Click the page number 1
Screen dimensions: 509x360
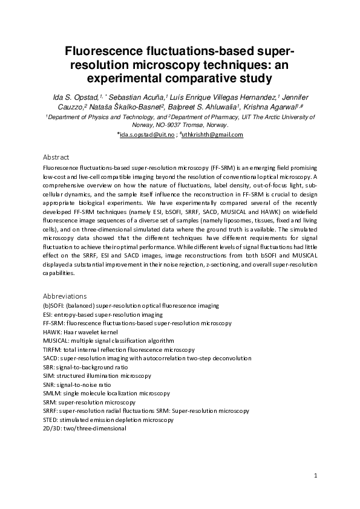[x=315, y=476]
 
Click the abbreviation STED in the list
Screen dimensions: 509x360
[x=51, y=419]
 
